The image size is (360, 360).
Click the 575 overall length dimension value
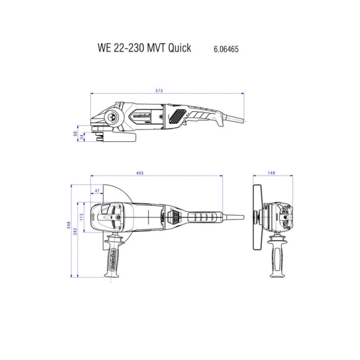click(159, 91)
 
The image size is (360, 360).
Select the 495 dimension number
click(140, 173)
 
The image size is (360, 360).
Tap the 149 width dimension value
click(271, 173)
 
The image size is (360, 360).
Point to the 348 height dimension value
click(69, 225)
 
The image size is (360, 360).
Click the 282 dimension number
click(75, 231)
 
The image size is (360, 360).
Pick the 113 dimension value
click(81, 217)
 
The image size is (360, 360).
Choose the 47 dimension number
click(97, 191)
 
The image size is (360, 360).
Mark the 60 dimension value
click(75, 134)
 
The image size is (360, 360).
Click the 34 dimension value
click(82, 137)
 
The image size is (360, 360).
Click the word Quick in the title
click(180, 48)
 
